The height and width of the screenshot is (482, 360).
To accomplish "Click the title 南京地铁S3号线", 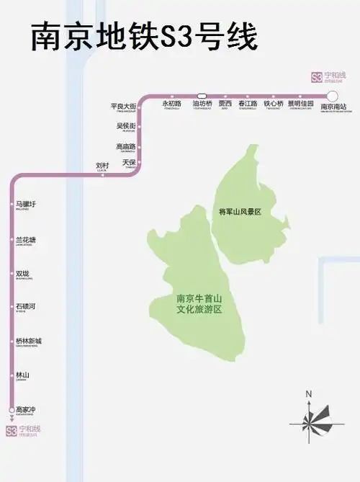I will click(144, 36).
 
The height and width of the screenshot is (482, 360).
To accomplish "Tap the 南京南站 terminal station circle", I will click(332, 96).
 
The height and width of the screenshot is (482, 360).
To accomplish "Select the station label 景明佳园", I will click(300, 104).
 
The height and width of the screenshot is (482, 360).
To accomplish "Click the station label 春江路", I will click(248, 104).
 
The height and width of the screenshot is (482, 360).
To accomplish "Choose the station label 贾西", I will click(225, 104).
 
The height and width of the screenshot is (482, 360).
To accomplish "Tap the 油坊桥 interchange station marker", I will click(202, 95).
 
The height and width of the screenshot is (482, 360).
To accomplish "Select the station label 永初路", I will click(171, 104).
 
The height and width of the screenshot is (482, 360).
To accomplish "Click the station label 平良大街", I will click(123, 107).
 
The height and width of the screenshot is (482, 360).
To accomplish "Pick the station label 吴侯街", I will click(126, 126).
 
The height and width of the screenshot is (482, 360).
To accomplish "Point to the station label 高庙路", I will click(126, 146).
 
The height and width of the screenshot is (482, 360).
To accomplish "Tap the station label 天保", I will click(129, 163).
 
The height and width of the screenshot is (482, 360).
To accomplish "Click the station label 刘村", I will click(102, 166).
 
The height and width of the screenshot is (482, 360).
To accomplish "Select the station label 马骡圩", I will click(26, 205).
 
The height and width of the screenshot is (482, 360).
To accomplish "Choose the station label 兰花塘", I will click(26, 240).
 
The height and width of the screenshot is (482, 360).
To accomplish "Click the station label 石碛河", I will click(26, 307).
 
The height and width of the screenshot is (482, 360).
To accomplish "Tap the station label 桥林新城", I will click(29, 342).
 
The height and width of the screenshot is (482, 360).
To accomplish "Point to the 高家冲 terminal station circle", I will click(12, 411).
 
